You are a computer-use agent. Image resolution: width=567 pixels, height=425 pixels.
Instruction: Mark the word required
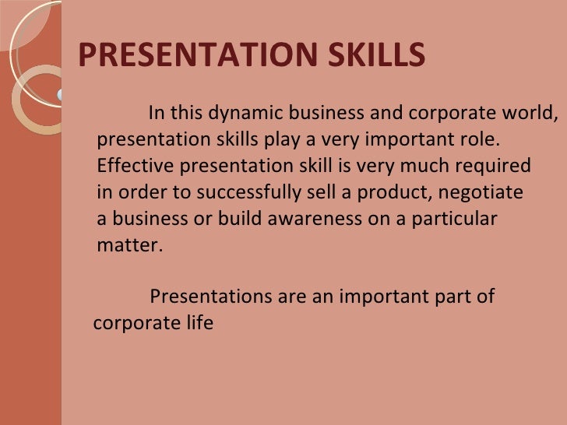495,167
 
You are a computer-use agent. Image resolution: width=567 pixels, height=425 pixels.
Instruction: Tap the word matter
129,245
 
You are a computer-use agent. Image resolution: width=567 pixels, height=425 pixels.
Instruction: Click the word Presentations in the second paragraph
207,297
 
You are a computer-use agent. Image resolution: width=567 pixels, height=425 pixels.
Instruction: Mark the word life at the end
199,323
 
